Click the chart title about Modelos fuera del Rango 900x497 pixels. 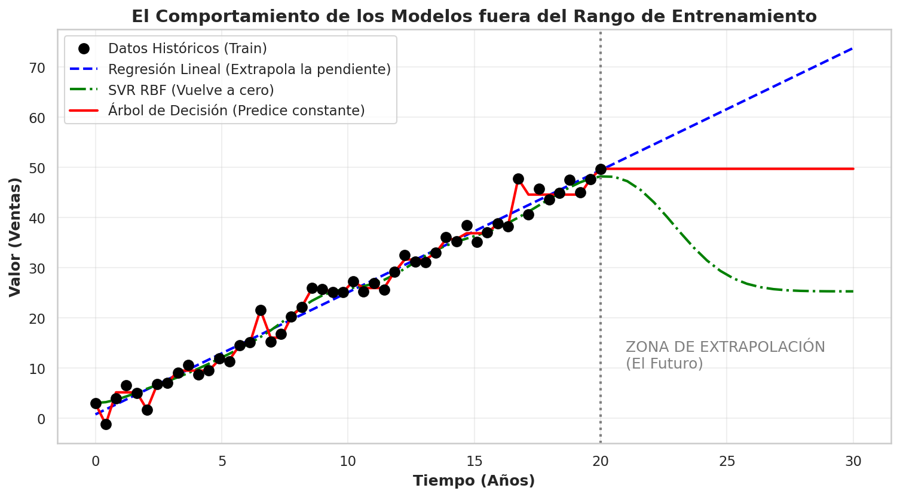click(474, 17)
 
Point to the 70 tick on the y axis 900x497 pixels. click(37, 68)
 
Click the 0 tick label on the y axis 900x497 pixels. click(41, 419)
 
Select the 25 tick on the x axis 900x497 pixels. click(727, 462)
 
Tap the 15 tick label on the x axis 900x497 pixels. click(474, 462)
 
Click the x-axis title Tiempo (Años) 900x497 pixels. click(474, 480)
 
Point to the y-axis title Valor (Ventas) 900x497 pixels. click(15, 237)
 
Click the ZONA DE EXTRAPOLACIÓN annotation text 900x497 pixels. click(725, 347)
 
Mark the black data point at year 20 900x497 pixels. click(601, 169)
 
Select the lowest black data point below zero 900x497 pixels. click(106, 424)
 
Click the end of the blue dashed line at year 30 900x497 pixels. click(853, 48)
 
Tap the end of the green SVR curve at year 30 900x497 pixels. click(853, 292)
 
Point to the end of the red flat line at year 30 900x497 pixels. click(853, 169)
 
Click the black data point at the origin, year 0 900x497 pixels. click(96, 403)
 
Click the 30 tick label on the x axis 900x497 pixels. click(853, 462)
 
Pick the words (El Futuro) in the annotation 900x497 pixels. click(665, 364)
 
